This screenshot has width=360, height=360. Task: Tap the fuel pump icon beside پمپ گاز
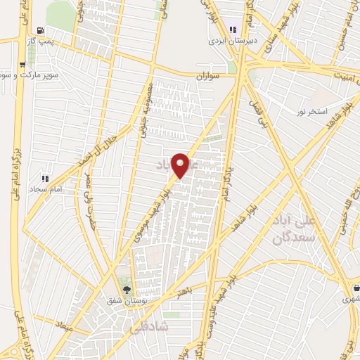point(41,31)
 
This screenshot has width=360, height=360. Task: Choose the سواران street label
point(209,74)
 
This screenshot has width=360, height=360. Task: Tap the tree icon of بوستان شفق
point(127,289)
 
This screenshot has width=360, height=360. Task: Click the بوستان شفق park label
point(127,301)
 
